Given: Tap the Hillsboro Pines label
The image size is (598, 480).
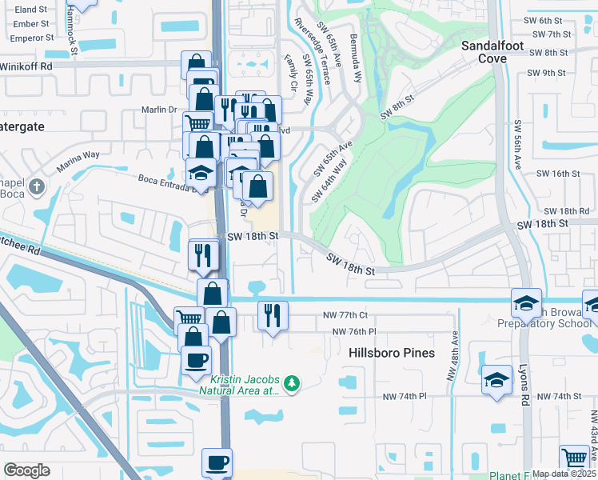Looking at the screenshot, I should click(392, 353).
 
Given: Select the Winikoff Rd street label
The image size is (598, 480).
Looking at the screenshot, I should click(26, 66).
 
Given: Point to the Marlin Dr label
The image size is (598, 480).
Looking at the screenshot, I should click(158, 110).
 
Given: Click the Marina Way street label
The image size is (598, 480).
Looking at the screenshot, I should click(78, 161).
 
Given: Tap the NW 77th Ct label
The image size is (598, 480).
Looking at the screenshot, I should click(345, 315).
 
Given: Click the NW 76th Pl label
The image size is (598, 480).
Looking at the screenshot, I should click(353, 331).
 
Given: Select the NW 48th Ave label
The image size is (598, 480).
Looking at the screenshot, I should click(453, 355).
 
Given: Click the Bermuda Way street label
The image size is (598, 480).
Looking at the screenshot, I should click(353, 66).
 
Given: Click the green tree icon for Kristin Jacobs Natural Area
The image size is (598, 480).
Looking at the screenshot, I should click(292, 384).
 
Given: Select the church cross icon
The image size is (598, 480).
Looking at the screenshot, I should click(36, 187).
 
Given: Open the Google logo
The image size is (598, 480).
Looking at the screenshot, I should click(26, 470).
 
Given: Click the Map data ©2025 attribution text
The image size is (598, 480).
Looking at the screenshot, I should click(564, 474).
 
